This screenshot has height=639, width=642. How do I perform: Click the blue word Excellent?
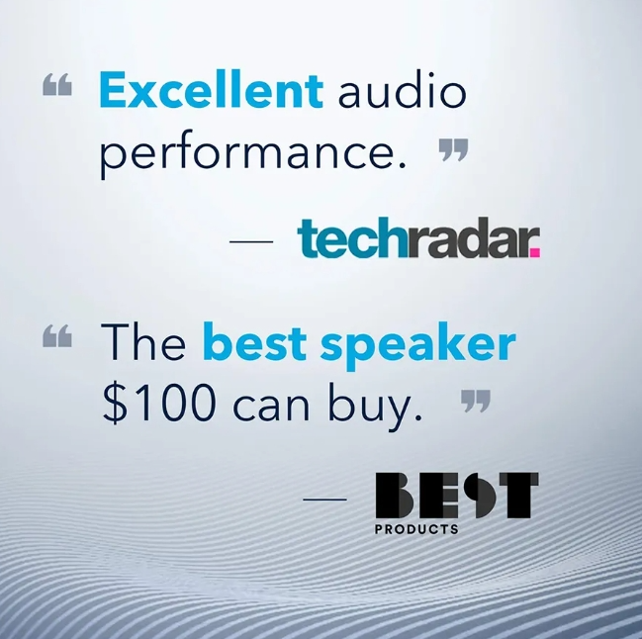pos(211,90)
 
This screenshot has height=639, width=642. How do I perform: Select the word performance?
pos(253,154)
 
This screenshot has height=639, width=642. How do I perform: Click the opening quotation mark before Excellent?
pos(57,84)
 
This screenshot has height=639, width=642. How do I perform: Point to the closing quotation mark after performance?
pos(453,149)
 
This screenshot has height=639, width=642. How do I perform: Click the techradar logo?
pos(418,237)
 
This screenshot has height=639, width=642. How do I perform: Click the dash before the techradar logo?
pos(251,241)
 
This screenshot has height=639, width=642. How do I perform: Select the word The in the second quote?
pos(142,341)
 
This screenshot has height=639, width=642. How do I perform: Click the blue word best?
pos(254,341)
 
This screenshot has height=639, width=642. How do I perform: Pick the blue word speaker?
pos(417,345)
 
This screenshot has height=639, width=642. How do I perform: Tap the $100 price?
pos(159,404)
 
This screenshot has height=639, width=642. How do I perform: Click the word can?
pos(271,408)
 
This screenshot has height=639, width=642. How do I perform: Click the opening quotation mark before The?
pos(57,336)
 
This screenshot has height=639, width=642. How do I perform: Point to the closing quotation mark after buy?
pos(476,402)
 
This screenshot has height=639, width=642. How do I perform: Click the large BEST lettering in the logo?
pos(457,496)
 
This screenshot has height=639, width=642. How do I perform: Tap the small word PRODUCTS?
pos(416,529)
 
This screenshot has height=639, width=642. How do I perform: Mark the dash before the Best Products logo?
pos(324,499)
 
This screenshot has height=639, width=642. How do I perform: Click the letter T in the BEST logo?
pos(518,496)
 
